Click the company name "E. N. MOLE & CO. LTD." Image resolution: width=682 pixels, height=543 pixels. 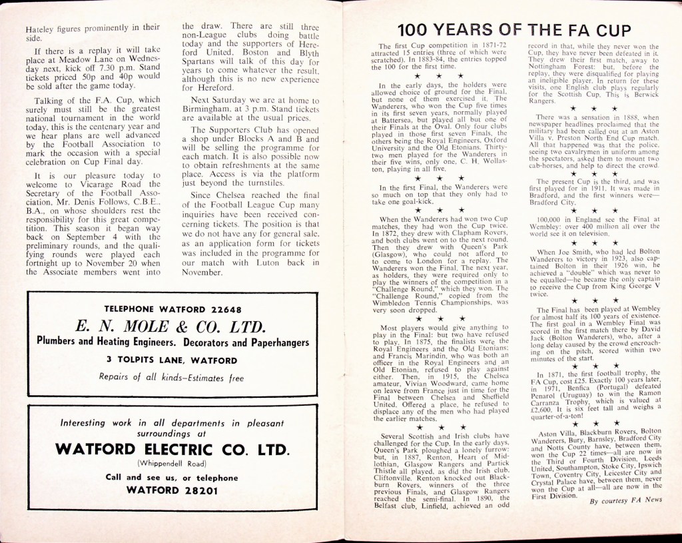tap(172, 326)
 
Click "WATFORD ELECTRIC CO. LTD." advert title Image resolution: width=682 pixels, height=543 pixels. tap(172, 449)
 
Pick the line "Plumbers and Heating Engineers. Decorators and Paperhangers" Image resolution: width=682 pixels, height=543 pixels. tap(172, 342)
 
